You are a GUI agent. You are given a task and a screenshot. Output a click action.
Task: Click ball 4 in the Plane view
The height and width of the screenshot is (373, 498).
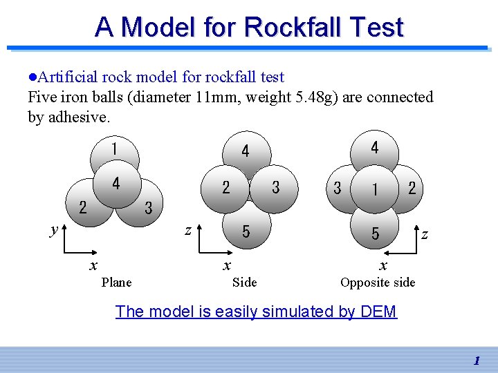116,184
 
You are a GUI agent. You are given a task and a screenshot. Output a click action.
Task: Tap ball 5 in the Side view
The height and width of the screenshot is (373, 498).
246,231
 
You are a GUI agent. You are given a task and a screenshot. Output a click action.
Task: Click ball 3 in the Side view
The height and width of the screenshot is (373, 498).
275,187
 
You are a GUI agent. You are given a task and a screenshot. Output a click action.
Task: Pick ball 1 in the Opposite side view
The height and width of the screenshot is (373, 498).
375,189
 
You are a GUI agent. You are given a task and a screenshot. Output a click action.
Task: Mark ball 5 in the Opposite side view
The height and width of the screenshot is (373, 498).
375,234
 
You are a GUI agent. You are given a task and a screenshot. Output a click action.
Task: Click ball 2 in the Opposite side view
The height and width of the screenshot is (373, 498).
412,187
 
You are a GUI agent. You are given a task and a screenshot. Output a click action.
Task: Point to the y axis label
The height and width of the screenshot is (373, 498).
54,230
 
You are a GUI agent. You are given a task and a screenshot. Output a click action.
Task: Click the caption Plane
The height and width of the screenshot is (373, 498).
116,282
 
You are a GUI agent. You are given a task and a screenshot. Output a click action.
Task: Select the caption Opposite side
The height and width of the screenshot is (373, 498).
378,282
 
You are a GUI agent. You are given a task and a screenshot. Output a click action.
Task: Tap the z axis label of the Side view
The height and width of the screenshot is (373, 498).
187,230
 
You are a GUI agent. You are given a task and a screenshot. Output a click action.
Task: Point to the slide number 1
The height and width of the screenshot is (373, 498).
477,361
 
